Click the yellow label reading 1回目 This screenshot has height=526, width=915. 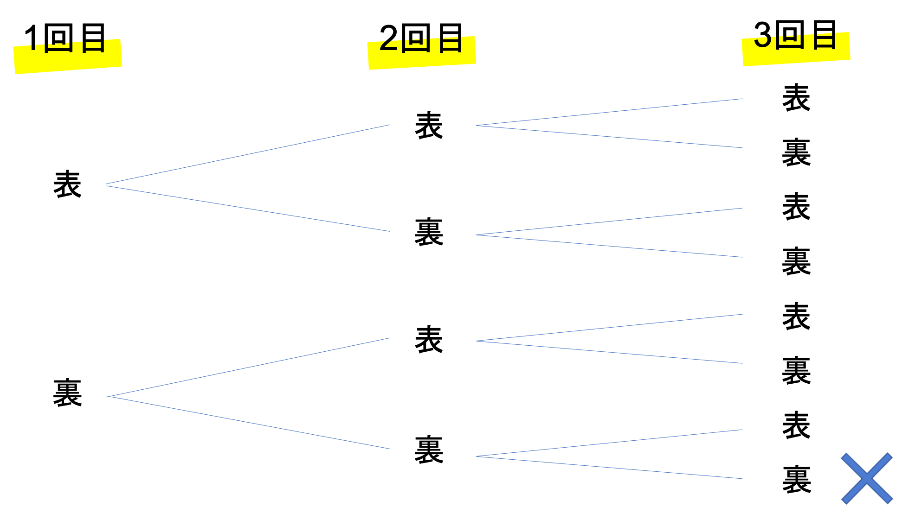pos(68,56)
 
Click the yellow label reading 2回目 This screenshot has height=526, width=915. pos(422,52)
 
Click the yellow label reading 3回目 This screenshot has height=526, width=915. pos(796,49)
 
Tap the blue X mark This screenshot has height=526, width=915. pos(867,478)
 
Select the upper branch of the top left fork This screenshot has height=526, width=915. pos(248,154)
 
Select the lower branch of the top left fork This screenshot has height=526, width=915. pos(248,209)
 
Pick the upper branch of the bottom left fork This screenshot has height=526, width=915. pos(248,367)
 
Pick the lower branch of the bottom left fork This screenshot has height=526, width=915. pos(248,423)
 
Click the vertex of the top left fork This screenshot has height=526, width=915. pos(107,185)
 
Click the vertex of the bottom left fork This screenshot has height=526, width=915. pos(107,397)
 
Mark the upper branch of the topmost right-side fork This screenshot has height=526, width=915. pos(609,112)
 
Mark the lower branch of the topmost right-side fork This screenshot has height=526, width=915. pos(609,137)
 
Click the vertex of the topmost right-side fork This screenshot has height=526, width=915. pos(477,125)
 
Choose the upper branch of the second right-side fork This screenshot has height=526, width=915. pos(609,222)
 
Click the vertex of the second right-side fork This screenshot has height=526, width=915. pos(477,235)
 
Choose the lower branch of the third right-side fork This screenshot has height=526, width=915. pos(609,352)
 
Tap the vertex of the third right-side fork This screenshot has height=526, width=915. pos(477,341)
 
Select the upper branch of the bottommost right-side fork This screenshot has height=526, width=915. pos(609,443)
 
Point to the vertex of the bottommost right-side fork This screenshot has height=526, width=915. pos(477,456)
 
